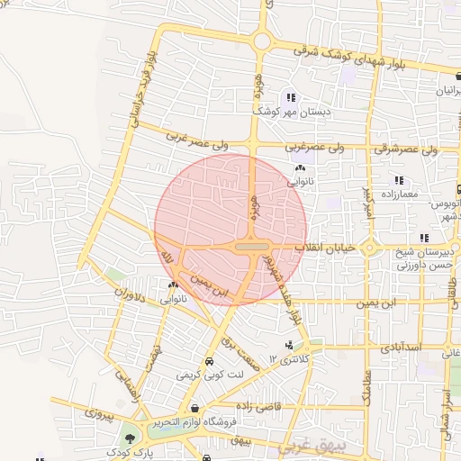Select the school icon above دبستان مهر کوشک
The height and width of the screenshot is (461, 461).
[x=290, y=97]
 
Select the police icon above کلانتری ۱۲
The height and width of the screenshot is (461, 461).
[x=289, y=345]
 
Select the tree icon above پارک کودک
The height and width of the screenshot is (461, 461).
[x=132, y=438]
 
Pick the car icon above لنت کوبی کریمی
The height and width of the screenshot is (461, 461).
[x=209, y=360]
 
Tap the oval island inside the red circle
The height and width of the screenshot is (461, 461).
[x=251, y=246]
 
